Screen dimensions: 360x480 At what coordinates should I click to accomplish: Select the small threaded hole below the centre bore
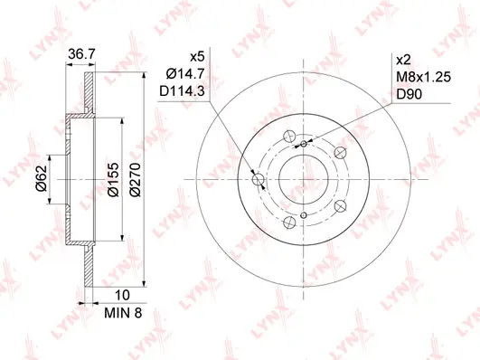click(x=305, y=214)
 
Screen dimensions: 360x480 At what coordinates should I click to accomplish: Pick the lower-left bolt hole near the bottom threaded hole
click(x=287, y=222)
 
